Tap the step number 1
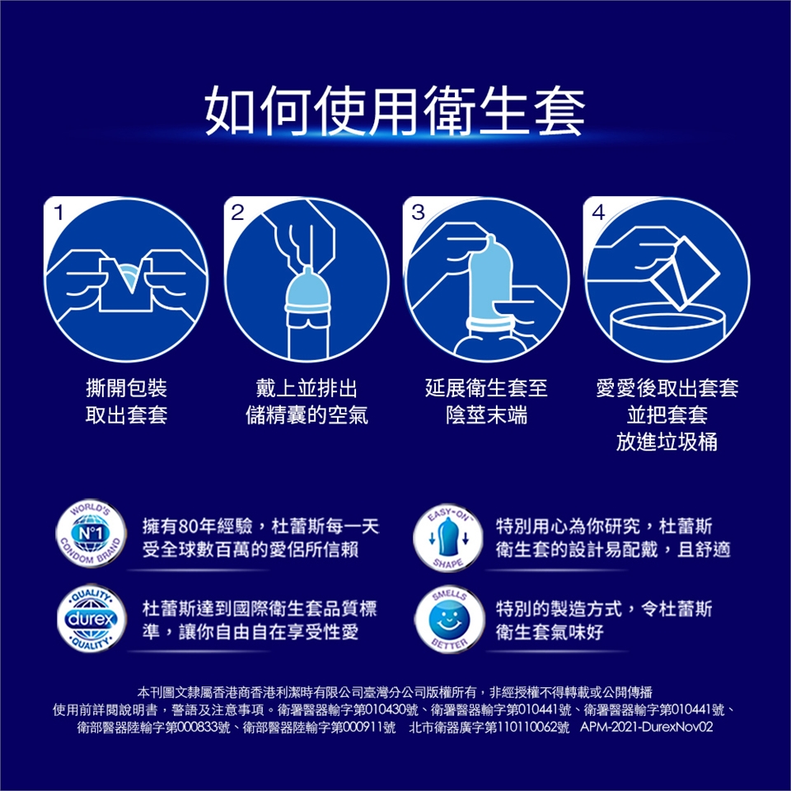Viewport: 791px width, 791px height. pos(59,213)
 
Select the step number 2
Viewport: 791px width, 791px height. pos(237,213)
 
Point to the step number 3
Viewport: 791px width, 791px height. pos(418,213)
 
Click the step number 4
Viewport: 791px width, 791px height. pos(598,213)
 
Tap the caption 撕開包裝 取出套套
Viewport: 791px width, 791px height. pos(126,401)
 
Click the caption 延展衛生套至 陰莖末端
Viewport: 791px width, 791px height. pos(486,401)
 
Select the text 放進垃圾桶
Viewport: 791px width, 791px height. pos(667,442)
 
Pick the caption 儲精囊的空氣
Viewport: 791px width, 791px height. pos(307,414)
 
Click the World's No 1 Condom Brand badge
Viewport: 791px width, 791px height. pos(91,534)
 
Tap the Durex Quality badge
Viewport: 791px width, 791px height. pos(91,619)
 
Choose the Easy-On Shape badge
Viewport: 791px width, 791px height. pos(448,536)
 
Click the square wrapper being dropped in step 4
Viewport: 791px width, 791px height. pos(685,273)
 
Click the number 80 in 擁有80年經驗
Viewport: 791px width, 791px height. pos(188,527)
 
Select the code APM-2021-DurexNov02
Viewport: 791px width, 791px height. pos(646,727)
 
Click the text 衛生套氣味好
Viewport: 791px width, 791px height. pos(550,632)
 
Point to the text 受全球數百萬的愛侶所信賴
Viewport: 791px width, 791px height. pos(250,549)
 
